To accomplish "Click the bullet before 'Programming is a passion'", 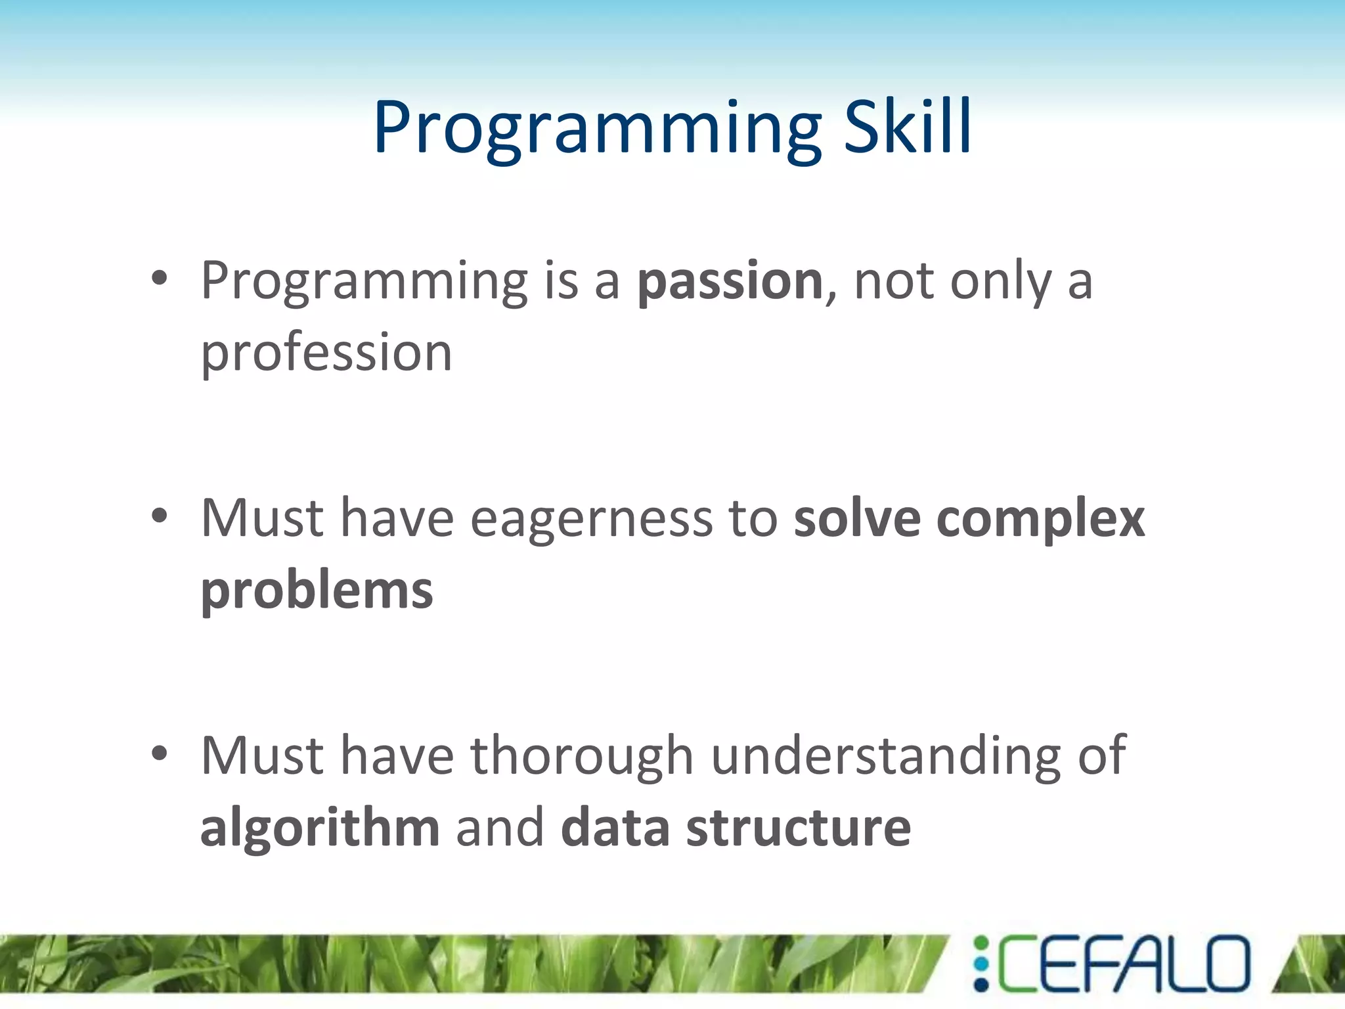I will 160,279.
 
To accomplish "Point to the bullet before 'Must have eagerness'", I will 160,516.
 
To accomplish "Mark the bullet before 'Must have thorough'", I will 160,753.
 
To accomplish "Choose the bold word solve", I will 857,519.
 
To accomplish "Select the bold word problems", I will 317,591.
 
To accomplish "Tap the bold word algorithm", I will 320,829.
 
